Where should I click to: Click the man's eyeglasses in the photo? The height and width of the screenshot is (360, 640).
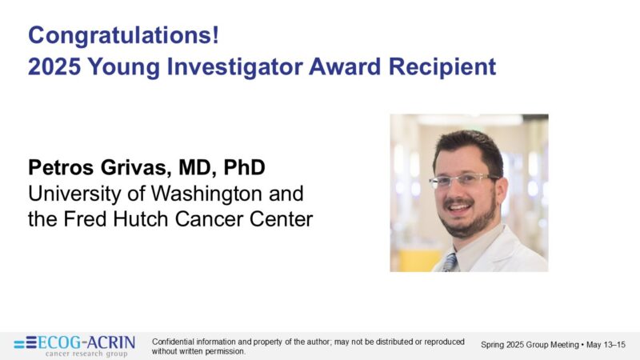pos(464,180)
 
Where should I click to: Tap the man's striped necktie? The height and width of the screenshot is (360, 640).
pos(451,262)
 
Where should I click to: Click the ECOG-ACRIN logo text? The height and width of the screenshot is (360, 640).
pos(86,342)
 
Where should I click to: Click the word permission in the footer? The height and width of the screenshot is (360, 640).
pos(226,351)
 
